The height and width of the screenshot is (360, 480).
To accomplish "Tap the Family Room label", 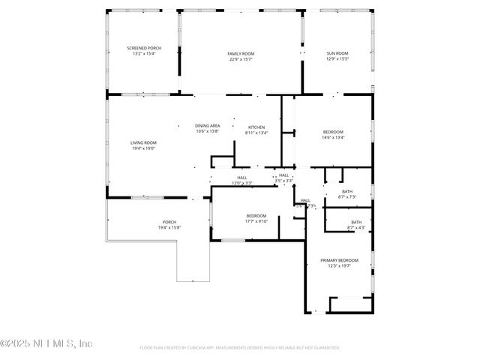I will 241,53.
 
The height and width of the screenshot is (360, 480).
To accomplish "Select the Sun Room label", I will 337,53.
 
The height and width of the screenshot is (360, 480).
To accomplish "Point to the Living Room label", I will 143,142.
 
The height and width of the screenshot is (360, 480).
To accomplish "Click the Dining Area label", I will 207,125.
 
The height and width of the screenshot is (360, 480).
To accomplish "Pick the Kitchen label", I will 256,127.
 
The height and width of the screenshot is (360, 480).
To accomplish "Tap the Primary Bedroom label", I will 336,260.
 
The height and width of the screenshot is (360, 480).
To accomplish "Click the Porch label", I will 169,222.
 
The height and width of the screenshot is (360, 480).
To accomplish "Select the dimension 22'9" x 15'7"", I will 241,58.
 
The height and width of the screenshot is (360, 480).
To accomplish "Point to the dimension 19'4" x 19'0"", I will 143,148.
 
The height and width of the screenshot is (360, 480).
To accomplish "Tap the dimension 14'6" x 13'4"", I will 333,137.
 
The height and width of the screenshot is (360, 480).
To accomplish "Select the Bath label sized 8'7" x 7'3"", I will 346,191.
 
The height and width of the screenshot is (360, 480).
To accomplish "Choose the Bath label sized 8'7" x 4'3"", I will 355,221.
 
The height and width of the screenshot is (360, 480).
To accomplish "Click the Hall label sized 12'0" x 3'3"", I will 242,178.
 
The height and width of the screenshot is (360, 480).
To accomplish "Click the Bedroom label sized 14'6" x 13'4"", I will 333,132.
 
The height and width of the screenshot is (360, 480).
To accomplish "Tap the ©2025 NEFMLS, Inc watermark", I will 46,343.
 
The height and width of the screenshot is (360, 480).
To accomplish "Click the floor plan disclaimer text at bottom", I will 240,348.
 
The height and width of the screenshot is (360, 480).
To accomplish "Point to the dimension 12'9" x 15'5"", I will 337,58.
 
